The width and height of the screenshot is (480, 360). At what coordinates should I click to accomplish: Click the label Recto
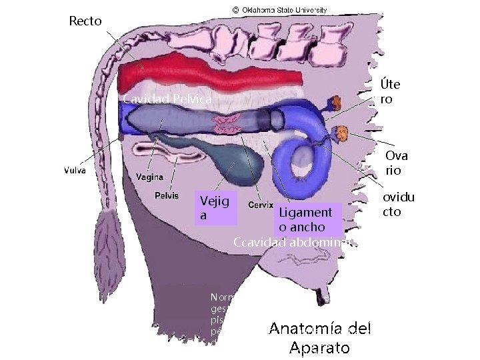point(85,21)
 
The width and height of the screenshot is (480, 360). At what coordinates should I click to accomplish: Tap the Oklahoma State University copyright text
point(279,10)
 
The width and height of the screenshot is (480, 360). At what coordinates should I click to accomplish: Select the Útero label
point(390,92)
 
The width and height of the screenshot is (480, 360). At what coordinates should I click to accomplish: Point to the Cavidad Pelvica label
point(167,100)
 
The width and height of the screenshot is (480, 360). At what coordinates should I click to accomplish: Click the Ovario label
point(395,163)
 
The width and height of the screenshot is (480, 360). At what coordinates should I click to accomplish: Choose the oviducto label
point(398,205)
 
